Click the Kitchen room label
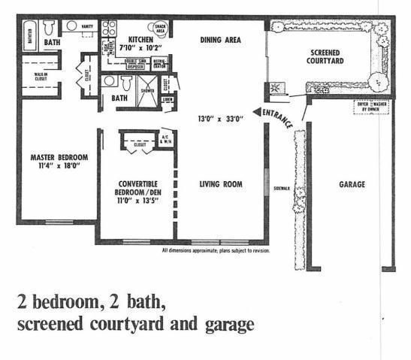[141, 41]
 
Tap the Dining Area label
[220, 40]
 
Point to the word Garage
[352, 184]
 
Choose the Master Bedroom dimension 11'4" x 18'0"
[59, 167]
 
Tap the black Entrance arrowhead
[256, 113]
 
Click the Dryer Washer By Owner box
[370, 106]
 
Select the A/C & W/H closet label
[165, 138]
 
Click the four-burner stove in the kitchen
[108, 28]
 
